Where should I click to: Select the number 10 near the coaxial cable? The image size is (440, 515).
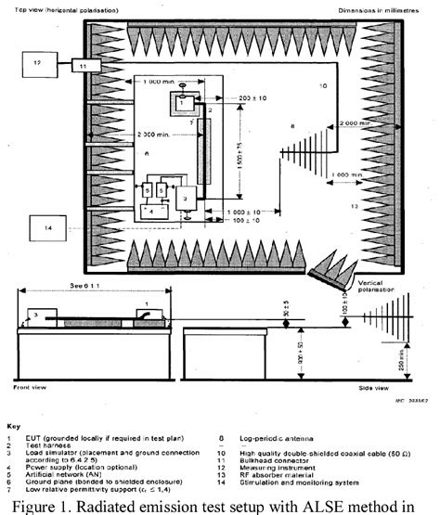pos(324,86)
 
